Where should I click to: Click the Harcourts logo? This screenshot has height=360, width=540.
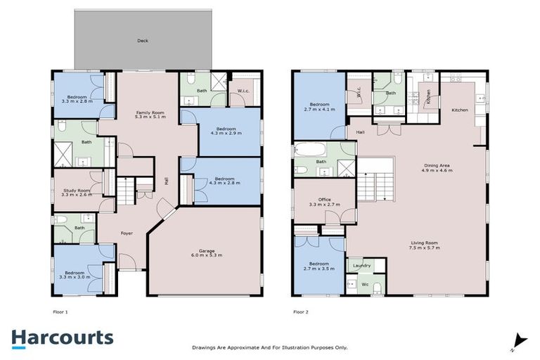[62, 337]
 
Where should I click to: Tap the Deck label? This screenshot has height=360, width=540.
[143, 41]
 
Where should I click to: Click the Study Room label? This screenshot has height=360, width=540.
[76, 191]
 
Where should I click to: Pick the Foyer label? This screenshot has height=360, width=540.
[127, 233]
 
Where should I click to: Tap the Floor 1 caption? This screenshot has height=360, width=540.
[60, 310]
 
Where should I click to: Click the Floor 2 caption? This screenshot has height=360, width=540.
[300, 310]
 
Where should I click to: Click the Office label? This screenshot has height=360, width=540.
[324, 200]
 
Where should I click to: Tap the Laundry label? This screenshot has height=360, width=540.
[361, 265]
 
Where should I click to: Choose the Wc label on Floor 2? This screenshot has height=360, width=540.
[364, 284]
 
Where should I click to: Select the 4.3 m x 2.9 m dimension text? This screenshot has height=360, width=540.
[226, 134]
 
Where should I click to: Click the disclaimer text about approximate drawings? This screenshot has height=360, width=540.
[269, 347]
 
